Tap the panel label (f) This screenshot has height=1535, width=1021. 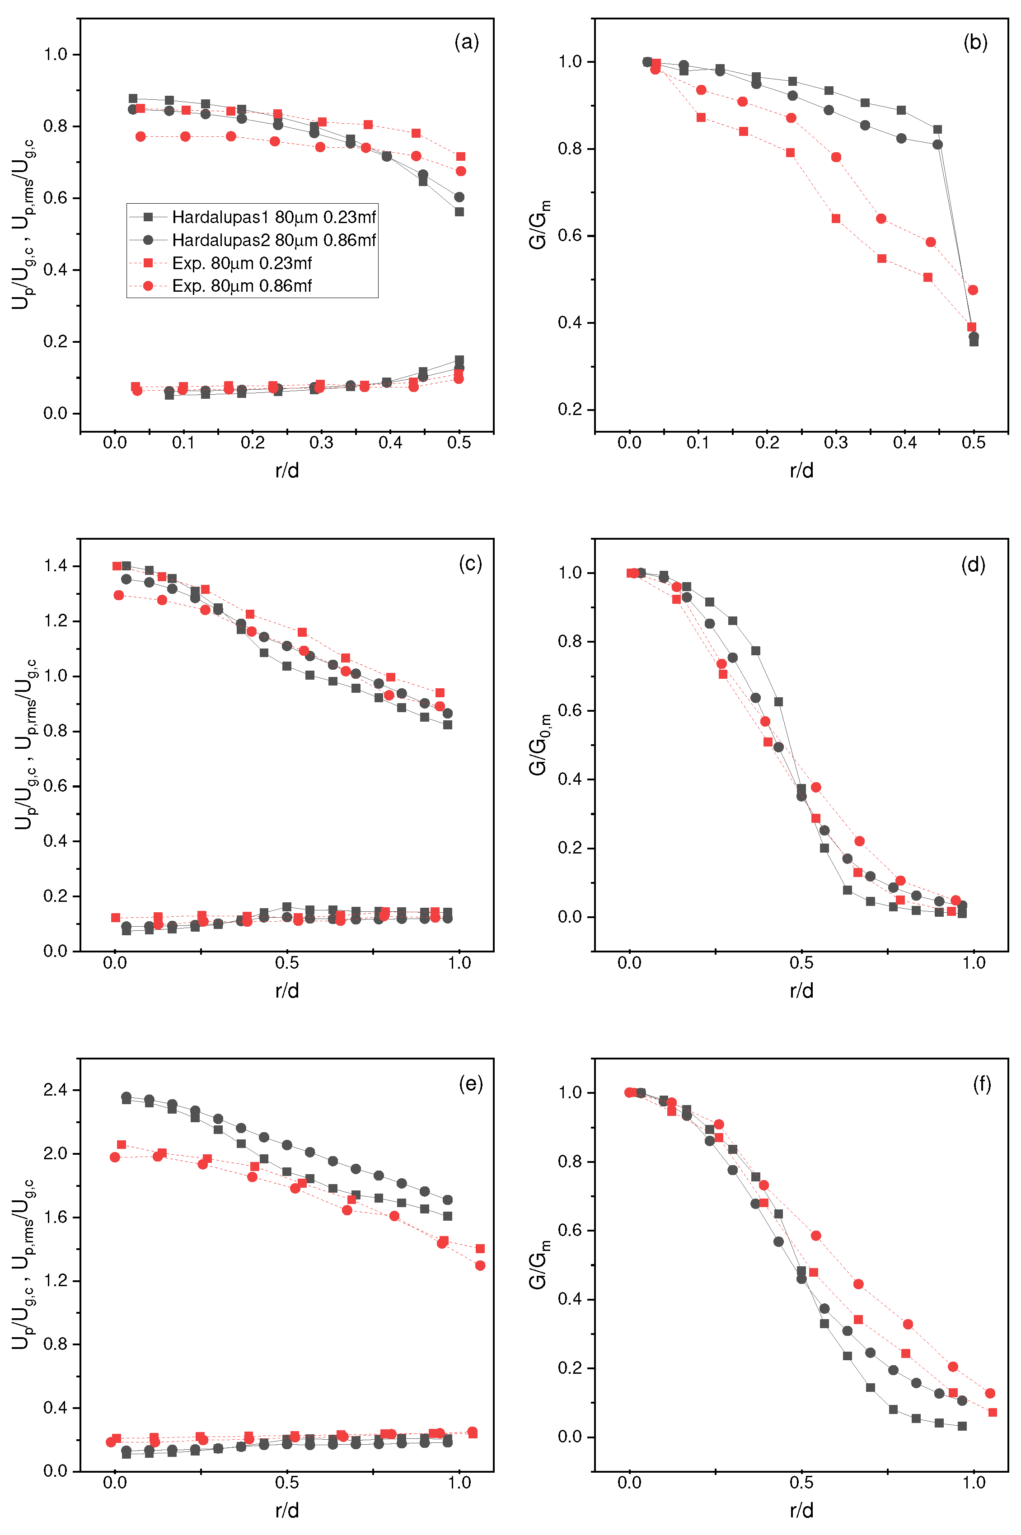point(982,1084)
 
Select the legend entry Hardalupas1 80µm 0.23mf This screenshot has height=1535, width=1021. point(273,217)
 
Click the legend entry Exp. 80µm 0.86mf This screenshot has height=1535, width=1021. point(242,286)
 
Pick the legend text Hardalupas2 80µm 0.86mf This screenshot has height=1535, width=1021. point(273,240)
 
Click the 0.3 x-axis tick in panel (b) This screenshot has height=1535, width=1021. point(835,443)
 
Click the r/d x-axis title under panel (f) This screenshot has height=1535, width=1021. point(801,1510)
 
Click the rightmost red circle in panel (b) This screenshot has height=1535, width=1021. point(973,289)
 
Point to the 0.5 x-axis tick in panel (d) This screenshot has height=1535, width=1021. point(801,963)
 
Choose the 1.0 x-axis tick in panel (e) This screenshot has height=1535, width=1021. point(459,1483)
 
